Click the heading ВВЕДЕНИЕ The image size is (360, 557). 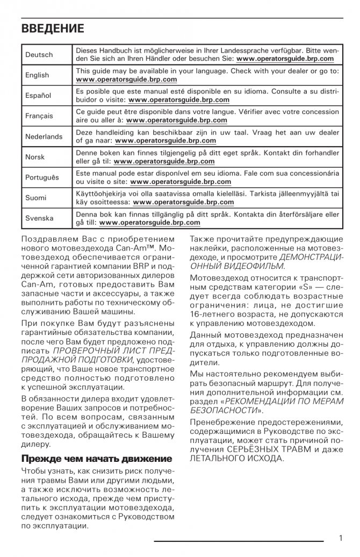point(53,28)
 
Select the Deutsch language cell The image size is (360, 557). point(39,55)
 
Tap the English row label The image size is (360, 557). point(37,75)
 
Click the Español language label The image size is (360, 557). point(38,96)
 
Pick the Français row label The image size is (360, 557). point(39,116)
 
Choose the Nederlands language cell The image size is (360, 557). point(44,137)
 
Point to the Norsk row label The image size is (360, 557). point(35,157)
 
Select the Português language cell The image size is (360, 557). point(42,177)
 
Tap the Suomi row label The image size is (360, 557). point(36,198)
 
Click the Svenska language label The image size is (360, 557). point(39,218)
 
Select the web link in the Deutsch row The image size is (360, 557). point(285,59)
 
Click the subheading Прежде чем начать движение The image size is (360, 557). point(97,459)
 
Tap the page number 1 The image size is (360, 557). point(341,538)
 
